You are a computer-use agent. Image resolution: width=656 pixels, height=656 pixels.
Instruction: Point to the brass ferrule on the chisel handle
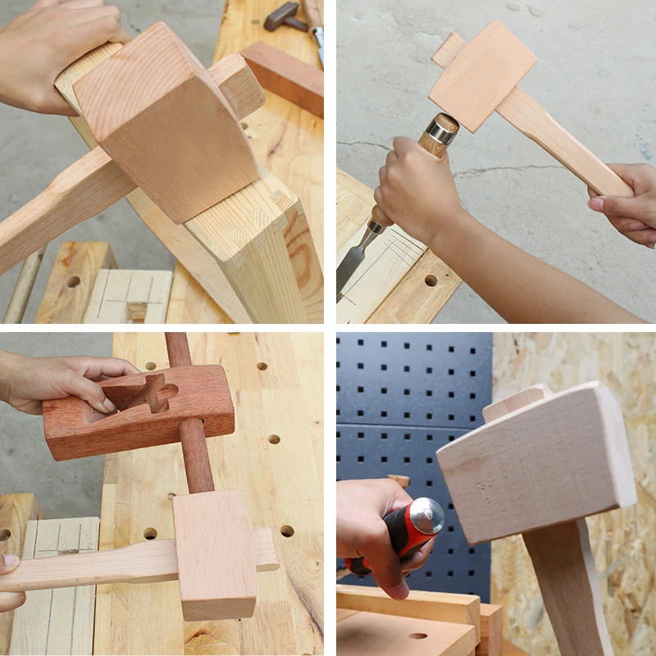click(x=443, y=130)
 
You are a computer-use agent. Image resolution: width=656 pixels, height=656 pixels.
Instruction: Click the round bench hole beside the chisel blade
click(x=430, y=280)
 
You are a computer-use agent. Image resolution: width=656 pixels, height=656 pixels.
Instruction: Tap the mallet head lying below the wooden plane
click(x=215, y=553)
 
